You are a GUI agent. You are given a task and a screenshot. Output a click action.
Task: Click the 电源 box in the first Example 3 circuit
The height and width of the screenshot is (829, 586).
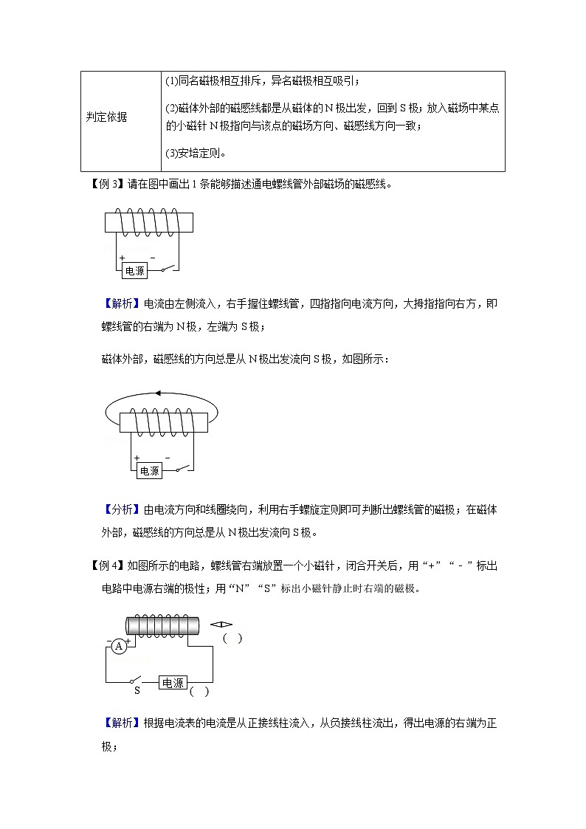135,271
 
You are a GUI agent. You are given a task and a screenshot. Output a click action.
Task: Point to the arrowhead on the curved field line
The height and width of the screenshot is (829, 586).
157,393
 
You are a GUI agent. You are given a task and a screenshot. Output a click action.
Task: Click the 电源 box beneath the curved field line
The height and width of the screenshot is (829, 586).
149,470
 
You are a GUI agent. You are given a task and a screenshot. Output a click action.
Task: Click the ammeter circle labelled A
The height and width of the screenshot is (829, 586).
118,647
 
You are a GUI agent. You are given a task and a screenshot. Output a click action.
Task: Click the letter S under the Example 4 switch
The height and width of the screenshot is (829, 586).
137,692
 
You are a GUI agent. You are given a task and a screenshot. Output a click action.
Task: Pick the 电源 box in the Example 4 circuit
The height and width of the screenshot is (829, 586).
173,683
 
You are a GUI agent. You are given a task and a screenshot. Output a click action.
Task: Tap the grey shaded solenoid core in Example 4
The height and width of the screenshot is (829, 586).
163,625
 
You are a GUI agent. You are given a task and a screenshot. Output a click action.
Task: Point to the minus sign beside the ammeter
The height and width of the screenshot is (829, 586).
109,639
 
